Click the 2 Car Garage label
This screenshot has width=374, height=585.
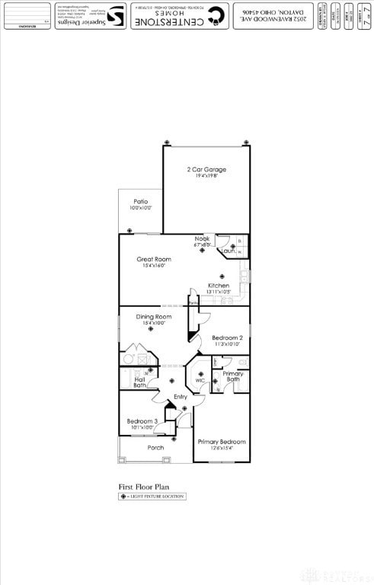[x=206, y=169]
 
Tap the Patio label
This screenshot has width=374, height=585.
[x=140, y=201]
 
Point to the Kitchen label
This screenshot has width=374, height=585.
[x=219, y=286]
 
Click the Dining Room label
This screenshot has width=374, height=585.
[x=153, y=316]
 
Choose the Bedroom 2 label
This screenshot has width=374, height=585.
[x=227, y=337]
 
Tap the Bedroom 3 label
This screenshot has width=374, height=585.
[x=142, y=421]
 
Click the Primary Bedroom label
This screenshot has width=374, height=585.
[x=222, y=442]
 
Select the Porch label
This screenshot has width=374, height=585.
[x=155, y=448]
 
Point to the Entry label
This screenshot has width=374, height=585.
[x=181, y=397]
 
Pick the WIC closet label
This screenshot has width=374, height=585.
[x=200, y=380]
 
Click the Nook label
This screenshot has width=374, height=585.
[x=202, y=239]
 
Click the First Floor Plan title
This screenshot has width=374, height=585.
[x=143, y=486]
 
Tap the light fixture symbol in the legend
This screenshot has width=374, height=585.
[x=123, y=497]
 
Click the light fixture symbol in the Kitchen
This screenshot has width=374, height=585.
[x=222, y=276]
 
